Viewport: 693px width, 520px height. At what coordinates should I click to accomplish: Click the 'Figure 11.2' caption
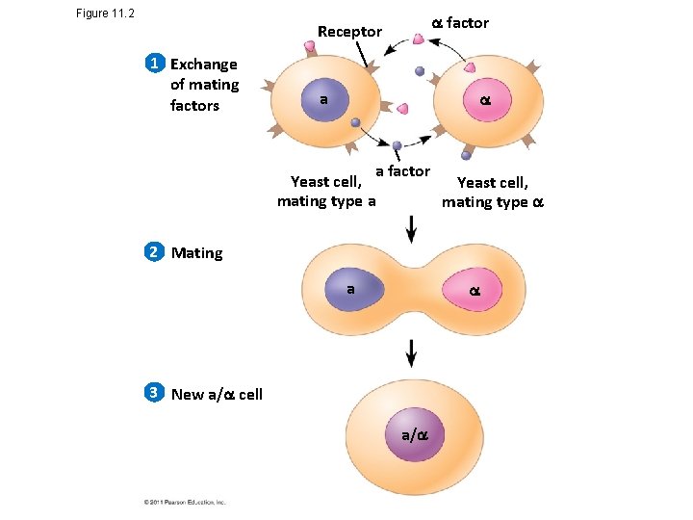click(x=105, y=13)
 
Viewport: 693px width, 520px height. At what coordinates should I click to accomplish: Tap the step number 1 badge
click(x=153, y=64)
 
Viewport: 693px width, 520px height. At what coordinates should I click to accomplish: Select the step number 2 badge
click(x=153, y=252)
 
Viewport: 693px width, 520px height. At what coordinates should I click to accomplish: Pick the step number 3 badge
click(x=153, y=393)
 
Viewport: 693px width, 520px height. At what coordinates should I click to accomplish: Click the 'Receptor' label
click(x=349, y=32)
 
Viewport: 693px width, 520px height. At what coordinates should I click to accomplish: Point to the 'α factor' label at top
click(x=459, y=22)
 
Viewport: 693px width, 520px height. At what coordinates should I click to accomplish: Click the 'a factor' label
click(x=402, y=171)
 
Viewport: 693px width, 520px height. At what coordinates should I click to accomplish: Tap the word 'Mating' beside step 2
click(x=196, y=253)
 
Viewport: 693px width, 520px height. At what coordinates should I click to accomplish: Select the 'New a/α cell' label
click(x=217, y=394)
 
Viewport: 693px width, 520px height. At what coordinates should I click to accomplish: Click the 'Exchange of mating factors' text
click(x=204, y=85)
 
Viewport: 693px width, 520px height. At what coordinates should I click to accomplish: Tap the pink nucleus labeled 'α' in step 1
click(x=474, y=101)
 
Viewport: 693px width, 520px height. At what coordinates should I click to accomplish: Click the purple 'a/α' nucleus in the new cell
click(x=412, y=435)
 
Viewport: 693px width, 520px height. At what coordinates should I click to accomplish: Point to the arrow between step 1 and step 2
click(x=412, y=229)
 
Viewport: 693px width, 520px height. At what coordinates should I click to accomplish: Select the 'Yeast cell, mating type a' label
click(x=326, y=192)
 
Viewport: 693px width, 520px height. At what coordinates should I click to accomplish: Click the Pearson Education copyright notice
click(x=184, y=502)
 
